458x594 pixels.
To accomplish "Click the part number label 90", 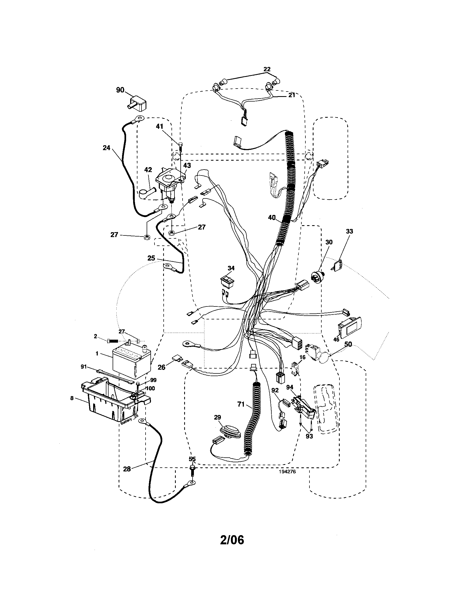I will (120, 90).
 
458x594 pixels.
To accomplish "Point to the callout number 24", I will (107, 148).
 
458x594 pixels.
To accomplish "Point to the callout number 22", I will (267, 69).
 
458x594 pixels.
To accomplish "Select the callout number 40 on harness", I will (272, 218).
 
